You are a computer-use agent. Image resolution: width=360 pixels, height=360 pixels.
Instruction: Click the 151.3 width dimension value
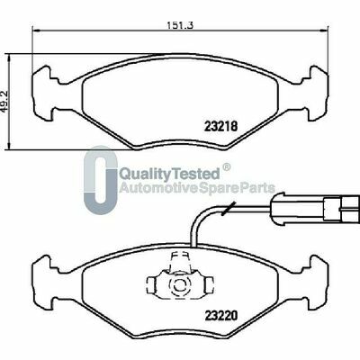180,25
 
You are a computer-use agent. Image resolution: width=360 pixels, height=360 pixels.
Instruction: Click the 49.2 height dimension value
5,101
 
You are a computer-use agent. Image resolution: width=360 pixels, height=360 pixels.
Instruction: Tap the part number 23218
221,126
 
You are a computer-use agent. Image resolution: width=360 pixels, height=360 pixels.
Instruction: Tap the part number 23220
221,315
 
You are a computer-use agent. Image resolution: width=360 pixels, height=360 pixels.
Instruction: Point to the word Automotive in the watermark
158,188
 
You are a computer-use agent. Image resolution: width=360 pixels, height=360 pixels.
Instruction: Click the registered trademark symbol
227,166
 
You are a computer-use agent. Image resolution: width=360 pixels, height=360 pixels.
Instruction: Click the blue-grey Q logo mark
100,180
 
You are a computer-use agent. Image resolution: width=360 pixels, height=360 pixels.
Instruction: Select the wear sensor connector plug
315,207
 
